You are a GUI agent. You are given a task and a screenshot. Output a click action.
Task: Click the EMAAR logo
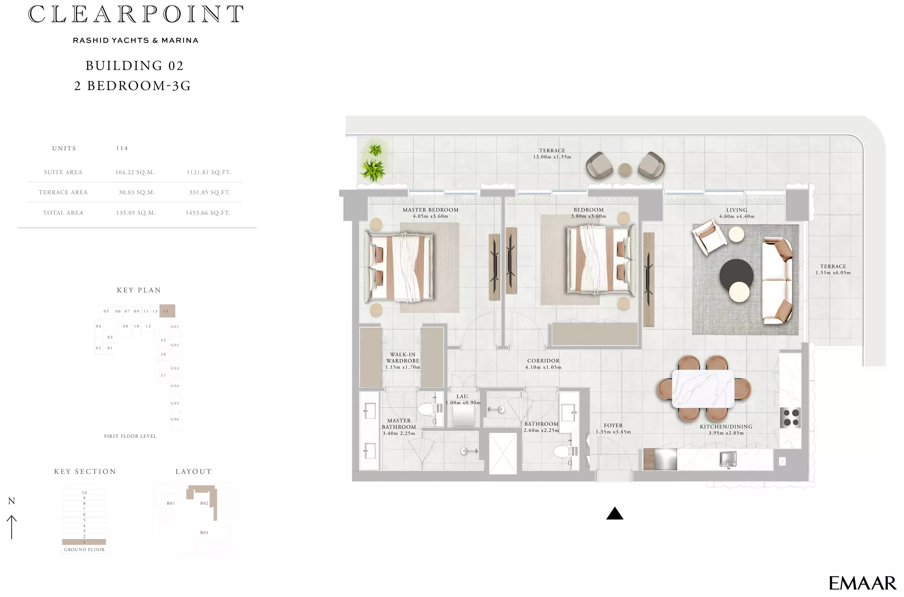point(862,583)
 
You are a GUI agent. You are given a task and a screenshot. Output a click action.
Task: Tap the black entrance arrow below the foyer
point(615,513)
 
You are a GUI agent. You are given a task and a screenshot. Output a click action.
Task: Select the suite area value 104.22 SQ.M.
point(135,172)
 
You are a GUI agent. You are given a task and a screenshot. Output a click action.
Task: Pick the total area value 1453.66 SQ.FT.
point(208,213)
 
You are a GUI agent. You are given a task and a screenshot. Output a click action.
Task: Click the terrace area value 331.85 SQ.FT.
point(209,192)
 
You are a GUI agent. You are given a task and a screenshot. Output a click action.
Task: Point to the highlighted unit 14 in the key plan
point(167,311)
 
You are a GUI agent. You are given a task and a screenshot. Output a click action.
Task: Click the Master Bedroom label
point(431,210)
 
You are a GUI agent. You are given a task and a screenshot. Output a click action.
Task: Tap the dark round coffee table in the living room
point(736,276)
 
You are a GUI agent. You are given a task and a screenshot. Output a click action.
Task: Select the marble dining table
point(703,388)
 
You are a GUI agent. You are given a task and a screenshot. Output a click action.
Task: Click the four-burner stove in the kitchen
point(790,418)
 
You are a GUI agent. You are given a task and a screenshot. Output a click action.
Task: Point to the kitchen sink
point(728,459)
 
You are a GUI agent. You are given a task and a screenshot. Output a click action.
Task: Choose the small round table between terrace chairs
point(625,169)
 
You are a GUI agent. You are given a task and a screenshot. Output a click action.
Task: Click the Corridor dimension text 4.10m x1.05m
point(543,367)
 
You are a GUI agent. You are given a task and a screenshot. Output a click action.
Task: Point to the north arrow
point(12,527)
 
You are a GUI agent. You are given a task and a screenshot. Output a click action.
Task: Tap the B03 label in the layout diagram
point(204,533)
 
